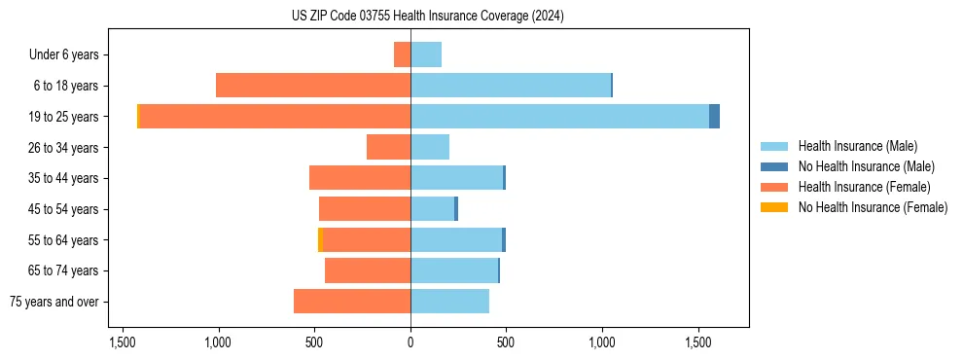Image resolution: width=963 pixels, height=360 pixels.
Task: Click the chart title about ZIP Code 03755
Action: click(x=427, y=16)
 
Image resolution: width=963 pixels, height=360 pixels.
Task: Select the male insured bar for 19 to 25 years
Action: click(x=559, y=117)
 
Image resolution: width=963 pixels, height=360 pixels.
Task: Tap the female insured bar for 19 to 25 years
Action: click(x=275, y=117)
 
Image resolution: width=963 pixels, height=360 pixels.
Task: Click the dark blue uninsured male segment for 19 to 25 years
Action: click(x=714, y=117)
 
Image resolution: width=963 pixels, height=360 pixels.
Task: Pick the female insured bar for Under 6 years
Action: click(x=402, y=54)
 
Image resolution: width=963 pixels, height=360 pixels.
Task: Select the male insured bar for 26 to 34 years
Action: click(x=430, y=147)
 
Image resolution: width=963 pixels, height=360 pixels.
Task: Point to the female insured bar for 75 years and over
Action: click(x=352, y=302)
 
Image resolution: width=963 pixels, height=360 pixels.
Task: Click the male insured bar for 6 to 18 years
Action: click(x=511, y=86)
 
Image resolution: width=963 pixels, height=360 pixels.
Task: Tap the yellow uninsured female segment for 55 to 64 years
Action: click(x=320, y=240)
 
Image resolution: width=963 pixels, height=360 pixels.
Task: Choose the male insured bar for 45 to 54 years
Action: click(x=432, y=209)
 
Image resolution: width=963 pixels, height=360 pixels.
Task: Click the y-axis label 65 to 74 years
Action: click(x=62, y=271)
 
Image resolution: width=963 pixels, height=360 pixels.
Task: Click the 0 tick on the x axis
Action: click(x=410, y=342)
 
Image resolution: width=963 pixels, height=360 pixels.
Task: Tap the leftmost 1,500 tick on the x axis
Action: click(x=123, y=342)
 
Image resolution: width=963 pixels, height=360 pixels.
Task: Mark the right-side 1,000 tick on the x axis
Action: click(x=602, y=342)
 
